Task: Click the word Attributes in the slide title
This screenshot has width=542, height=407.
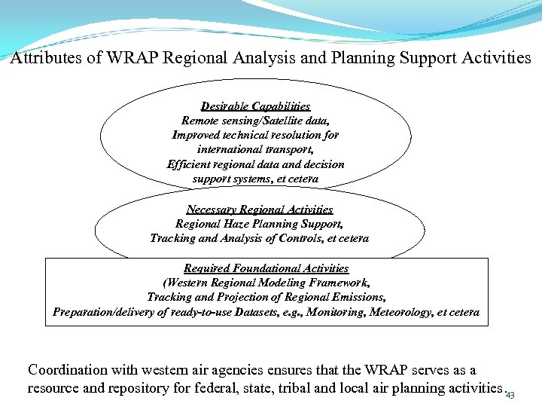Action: tap(44, 58)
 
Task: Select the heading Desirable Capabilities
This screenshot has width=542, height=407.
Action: tap(255, 106)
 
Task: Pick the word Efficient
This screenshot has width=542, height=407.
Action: tap(190, 164)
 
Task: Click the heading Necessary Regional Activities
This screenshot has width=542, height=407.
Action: tap(259, 210)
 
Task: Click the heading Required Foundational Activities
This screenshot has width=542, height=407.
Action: tap(266, 268)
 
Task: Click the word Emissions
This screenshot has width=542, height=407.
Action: tap(356, 297)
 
